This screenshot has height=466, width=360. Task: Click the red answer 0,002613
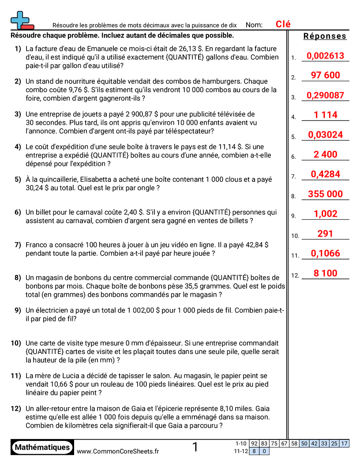pyautogui.click(x=325, y=56)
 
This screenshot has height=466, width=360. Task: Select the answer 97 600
pyautogui.click(x=325, y=75)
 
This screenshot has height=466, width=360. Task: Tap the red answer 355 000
pyautogui.click(x=325, y=194)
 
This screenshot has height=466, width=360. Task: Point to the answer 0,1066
pyautogui.click(x=325, y=253)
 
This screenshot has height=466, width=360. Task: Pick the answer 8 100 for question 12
pyautogui.click(x=325, y=273)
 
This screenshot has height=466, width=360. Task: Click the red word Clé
pyautogui.click(x=283, y=24)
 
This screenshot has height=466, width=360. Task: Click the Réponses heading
pyautogui.click(x=325, y=36)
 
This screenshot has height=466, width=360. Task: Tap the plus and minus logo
pyautogui.click(x=21, y=20)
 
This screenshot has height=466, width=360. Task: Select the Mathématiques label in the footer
pyautogui.click(x=42, y=447)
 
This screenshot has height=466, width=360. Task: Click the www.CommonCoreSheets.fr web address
pyautogui.click(x=118, y=451)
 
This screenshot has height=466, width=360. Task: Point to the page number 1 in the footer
pyautogui.click(x=195, y=447)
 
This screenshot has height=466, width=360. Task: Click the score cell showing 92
pyautogui.click(x=254, y=443)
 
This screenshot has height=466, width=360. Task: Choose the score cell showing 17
pyautogui.click(x=344, y=443)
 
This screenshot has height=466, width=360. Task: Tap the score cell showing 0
pyautogui.click(x=264, y=451)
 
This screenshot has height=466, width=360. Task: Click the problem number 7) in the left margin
pyautogui.click(x=18, y=245)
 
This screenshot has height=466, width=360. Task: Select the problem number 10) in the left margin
pyautogui.click(x=16, y=343)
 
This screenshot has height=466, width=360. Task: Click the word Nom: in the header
pyautogui.click(x=254, y=25)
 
